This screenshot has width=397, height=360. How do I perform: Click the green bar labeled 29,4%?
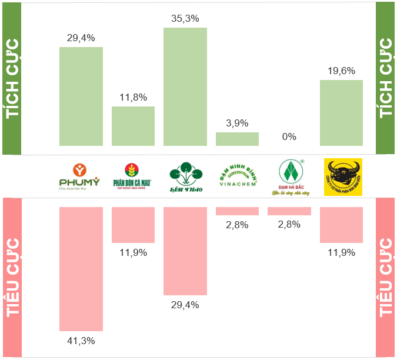point(81,96)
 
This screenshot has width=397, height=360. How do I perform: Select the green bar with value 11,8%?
point(133,126)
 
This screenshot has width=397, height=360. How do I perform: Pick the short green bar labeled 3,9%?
point(237,139)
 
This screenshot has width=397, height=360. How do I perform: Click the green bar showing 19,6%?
point(341,112)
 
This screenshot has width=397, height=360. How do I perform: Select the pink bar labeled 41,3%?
point(81,269)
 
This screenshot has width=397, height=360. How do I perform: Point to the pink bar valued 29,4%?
point(185,251)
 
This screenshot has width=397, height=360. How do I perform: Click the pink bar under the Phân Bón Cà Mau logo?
point(133,225)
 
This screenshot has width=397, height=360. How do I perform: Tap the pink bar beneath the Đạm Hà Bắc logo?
point(289,211)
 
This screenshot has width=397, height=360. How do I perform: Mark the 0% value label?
point(289,137)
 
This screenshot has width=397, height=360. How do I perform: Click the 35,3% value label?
point(185,18)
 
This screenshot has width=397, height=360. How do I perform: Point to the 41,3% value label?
point(81,341)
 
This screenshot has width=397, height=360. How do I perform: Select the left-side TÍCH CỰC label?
point(11,78)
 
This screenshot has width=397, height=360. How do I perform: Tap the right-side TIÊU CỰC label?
point(386,276)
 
